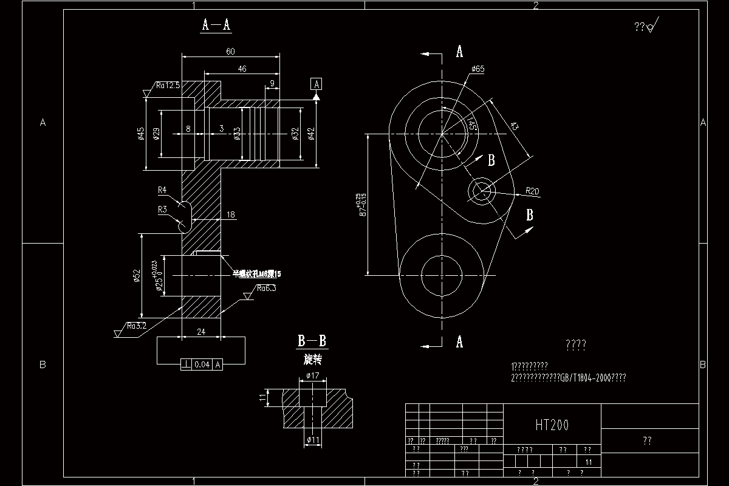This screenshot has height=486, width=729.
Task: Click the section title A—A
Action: pos(216,25)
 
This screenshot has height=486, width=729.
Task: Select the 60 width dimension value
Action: pos(230,52)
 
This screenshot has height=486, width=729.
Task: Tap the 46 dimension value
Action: pos(242,69)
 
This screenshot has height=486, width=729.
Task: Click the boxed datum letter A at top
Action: pos(317,84)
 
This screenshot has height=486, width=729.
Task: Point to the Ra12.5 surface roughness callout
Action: pos(167,86)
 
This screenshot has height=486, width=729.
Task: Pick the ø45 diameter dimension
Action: pos(141,134)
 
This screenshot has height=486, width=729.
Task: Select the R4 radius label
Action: pos(162,190)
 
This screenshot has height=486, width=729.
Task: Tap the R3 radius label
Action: pos(162,210)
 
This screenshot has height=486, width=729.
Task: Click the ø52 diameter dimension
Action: pos(137,277)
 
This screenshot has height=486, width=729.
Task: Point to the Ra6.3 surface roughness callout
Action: pos(266,289)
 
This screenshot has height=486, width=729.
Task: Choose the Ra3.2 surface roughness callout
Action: pos(137,326)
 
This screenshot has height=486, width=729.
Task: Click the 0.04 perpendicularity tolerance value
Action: pos(202,364)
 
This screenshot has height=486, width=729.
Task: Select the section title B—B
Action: pos(312,341)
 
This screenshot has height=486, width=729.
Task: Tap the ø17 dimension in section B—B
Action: pos(313,375)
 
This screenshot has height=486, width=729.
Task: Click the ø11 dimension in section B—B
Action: pos(313,440)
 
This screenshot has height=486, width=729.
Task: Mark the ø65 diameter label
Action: pos(477,69)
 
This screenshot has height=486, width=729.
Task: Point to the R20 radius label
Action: pos(532,191)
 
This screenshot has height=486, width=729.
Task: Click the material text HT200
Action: pos(552,425)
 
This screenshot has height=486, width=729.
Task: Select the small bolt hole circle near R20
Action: pos(481,191)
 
